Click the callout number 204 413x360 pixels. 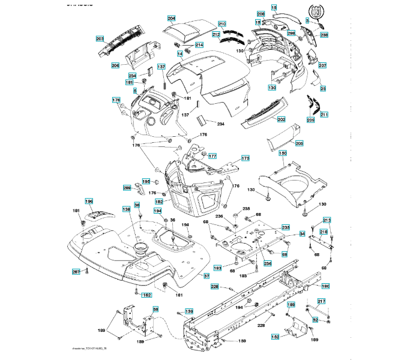171,19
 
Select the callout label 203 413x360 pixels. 100,38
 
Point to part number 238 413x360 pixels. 324,35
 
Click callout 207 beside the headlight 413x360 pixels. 322,65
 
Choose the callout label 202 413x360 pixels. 281,119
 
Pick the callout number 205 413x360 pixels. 299,143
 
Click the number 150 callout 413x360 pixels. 283,154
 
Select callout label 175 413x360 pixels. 245,158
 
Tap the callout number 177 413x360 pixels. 213,156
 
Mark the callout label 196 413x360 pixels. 89,202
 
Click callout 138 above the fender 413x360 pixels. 126,209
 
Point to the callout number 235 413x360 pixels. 286,227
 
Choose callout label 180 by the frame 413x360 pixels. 325,286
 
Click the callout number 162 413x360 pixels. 146,295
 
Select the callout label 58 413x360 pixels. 155,310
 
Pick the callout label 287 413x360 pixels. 76,272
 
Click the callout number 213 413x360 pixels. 327,220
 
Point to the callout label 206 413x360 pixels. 115,65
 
